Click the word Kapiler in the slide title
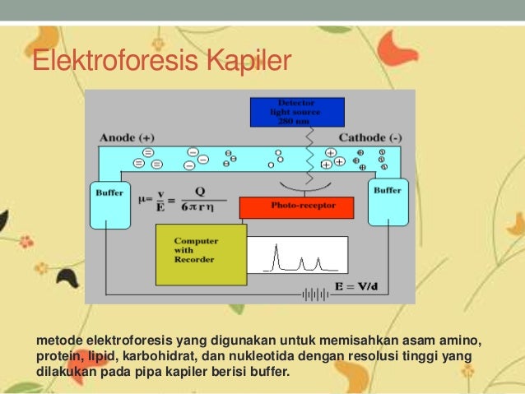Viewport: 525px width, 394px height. tap(249, 63)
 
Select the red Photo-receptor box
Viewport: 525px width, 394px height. tap(296, 206)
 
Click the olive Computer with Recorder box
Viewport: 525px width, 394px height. tap(201, 254)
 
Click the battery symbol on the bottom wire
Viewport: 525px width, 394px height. tap(313, 293)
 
